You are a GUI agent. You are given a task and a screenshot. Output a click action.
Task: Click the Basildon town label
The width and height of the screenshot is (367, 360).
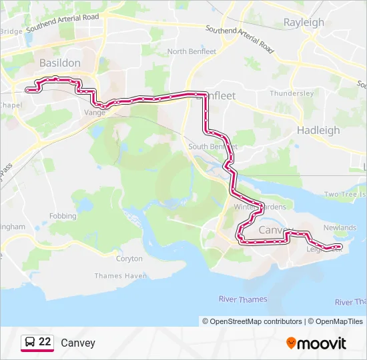tap(60, 63)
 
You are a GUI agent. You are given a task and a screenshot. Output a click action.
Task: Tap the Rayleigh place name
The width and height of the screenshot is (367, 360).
tap(304, 22)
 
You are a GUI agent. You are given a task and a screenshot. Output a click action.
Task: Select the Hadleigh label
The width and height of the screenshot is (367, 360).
tap(318, 130)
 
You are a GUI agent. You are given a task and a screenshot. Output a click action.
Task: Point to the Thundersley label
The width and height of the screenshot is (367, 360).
tap(292, 93)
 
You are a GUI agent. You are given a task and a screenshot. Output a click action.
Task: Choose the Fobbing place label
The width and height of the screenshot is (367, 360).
tap(63, 217)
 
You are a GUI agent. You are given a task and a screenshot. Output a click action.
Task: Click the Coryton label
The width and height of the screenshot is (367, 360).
tap(129, 259)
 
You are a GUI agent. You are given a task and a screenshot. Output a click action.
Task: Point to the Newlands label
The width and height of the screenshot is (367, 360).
tap(340, 228)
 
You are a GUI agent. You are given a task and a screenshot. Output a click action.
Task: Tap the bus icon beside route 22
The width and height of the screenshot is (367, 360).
tap(30, 342)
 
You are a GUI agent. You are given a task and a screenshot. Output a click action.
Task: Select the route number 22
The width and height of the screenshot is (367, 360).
tap(45, 342)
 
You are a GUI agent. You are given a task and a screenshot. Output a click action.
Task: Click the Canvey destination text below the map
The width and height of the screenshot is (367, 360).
tap(78, 343)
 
